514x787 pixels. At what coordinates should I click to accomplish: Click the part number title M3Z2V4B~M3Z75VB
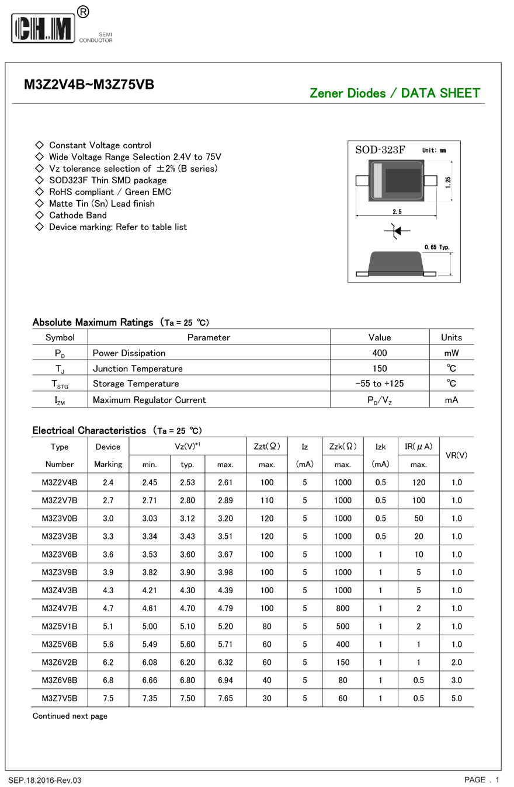(89, 85)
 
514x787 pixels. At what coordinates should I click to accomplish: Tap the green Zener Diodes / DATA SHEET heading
(394, 93)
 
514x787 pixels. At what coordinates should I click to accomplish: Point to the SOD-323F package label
(380, 150)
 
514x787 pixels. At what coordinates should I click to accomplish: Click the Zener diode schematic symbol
(397, 231)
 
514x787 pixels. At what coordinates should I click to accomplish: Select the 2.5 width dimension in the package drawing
(397, 212)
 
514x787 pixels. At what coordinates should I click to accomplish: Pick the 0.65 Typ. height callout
(437, 248)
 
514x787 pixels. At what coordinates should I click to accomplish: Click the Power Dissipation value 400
(379, 353)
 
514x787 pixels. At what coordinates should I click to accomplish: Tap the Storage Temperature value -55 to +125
(379, 384)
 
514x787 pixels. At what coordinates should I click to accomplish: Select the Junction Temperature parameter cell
(137, 368)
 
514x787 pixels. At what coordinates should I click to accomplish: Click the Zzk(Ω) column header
(342, 447)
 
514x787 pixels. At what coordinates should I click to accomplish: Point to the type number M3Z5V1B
(60, 626)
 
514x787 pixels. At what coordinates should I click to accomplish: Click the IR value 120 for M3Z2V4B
(418, 483)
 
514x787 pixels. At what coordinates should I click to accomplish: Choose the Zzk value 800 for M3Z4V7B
(343, 608)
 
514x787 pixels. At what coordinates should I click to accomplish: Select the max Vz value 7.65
(225, 698)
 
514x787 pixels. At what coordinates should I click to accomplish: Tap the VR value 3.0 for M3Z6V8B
(456, 680)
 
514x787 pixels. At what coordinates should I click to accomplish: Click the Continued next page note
(70, 716)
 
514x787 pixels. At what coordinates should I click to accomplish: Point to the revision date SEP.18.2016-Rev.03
(45, 781)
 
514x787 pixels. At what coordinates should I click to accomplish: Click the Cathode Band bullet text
(78, 215)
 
